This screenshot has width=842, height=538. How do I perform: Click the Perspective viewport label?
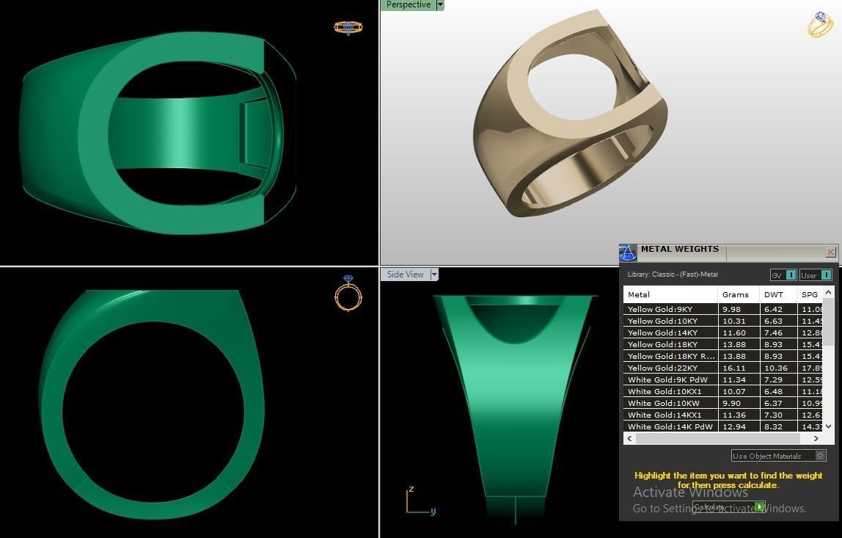409,5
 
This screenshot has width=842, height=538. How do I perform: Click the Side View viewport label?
406,275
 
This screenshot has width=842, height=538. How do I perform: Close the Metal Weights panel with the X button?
830,252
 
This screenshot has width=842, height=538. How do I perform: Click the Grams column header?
736,294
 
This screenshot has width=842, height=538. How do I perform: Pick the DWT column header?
774,294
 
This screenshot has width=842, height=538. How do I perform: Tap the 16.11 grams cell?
734,368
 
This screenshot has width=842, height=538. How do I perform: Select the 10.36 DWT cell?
775,368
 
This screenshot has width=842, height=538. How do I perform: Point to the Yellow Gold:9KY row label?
660,309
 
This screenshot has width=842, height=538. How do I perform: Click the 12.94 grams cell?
734,426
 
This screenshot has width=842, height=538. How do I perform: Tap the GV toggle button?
783,275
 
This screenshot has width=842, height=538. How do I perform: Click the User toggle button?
816,275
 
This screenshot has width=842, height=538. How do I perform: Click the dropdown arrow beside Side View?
434,275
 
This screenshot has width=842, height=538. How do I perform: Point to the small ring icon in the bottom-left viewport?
348,294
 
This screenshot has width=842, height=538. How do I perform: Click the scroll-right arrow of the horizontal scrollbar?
816,438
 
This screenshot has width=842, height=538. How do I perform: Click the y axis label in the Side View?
433,512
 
